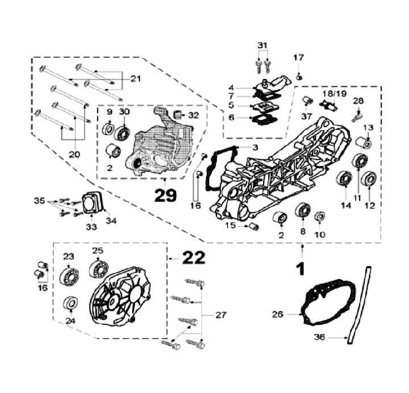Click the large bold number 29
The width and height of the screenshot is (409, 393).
tap(164, 195)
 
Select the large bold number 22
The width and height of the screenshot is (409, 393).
tap(194, 258)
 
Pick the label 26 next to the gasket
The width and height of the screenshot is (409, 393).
tap(293, 313)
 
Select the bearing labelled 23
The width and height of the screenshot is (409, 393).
tap(69, 277)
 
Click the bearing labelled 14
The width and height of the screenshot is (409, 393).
tap(344, 180)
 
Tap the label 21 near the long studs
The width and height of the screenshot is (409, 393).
tap(135, 78)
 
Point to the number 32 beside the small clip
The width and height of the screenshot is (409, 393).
tap(194, 115)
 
